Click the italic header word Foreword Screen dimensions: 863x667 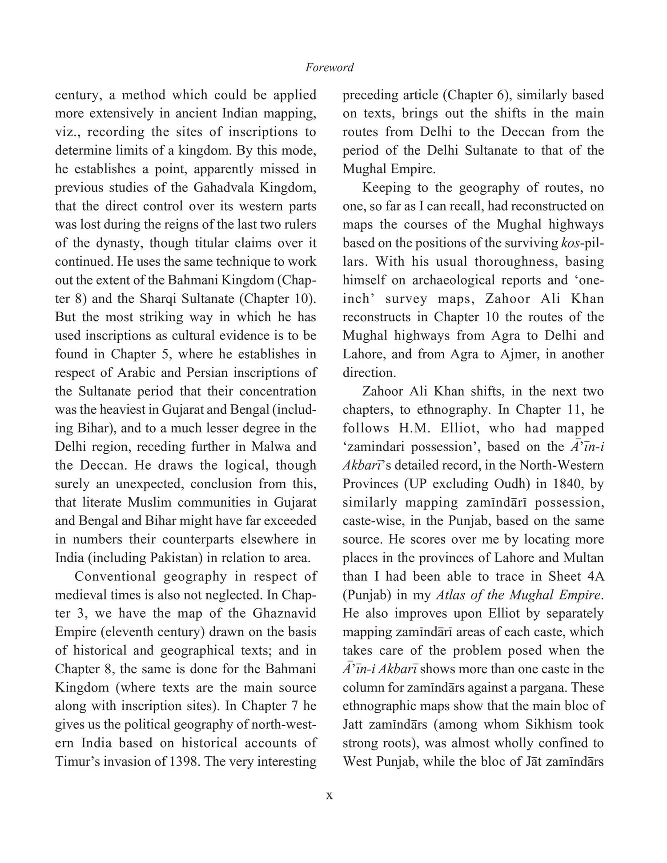pos(329,68)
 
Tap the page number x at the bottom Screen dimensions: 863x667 pos(329,795)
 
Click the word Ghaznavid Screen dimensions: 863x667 pos(285,613)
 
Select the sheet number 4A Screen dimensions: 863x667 pos(595,576)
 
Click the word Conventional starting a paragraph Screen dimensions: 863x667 pos(115,576)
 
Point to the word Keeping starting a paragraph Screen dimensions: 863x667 pos(386,188)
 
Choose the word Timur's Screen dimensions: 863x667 pos(78,762)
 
